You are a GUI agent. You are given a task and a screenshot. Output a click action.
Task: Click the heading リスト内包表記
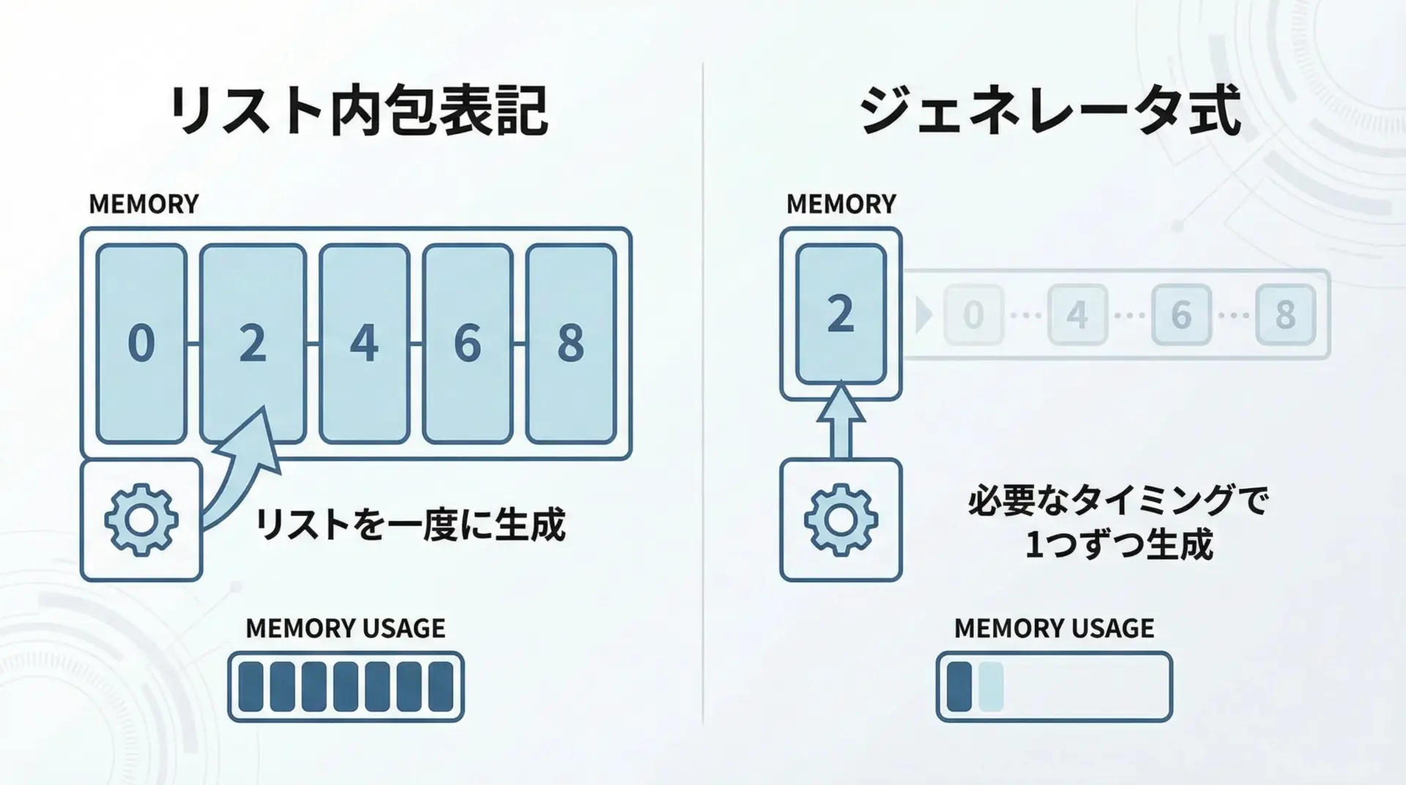pyautogui.click(x=358, y=111)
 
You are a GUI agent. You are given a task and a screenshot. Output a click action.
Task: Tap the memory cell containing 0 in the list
pyautogui.click(x=141, y=343)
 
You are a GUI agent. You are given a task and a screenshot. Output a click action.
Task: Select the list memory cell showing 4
pyautogui.click(x=364, y=343)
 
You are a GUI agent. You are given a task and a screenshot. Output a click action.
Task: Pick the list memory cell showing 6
pyautogui.click(x=467, y=343)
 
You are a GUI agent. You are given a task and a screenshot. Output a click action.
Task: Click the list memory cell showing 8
pyautogui.click(x=570, y=343)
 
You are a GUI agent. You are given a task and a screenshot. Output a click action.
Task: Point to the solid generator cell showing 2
pyautogui.click(x=841, y=314)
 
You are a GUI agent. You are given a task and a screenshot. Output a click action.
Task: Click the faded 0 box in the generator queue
pyautogui.click(x=973, y=315)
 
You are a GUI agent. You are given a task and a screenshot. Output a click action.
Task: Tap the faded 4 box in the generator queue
pyautogui.click(x=1077, y=315)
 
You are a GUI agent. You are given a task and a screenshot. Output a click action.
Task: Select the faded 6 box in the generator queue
pyautogui.click(x=1181, y=315)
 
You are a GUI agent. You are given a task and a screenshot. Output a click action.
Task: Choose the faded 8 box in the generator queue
pyautogui.click(x=1285, y=315)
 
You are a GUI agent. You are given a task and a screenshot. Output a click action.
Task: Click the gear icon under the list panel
pyautogui.click(x=141, y=520)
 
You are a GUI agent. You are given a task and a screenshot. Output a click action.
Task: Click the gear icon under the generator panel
pyautogui.click(x=841, y=520)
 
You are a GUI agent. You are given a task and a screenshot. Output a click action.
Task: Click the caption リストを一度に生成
pyautogui.click(x=410, y=525)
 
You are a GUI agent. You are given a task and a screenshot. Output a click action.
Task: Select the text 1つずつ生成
pyautogui.click(x=1118, y=545)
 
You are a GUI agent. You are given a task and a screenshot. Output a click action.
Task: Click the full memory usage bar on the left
pyautogui.click(x=346, y=687)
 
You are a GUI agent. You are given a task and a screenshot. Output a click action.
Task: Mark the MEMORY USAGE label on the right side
pyautogui.click(x=1054, y=628)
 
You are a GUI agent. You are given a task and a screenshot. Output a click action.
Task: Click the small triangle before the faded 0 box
pyautogui.click(x=924, y=315)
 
